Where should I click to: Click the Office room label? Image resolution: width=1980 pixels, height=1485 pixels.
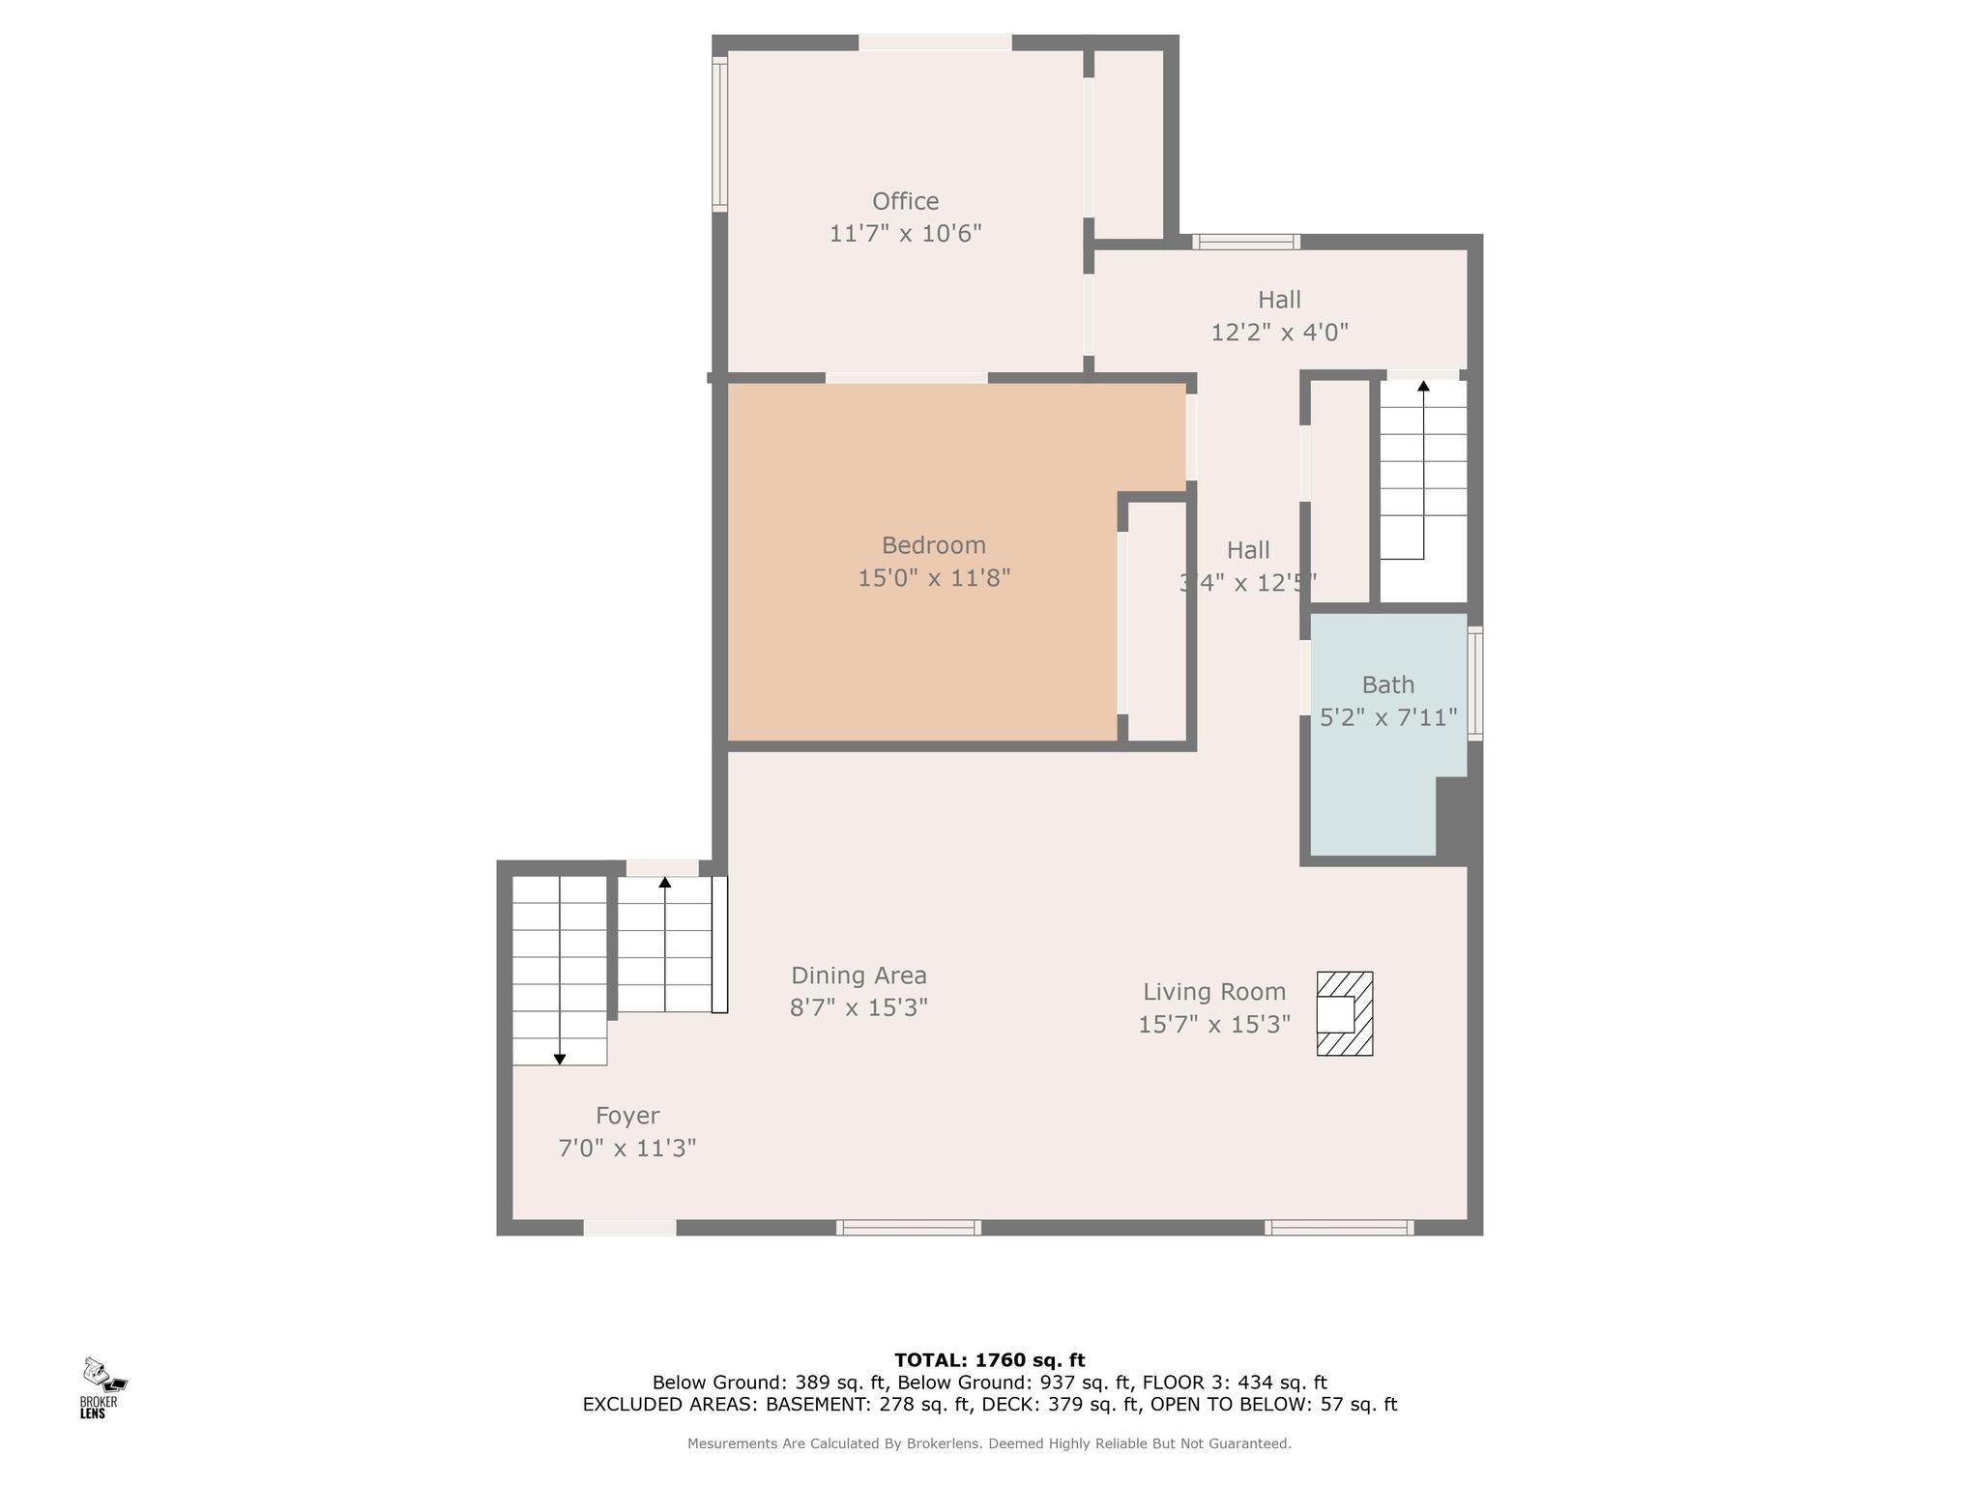point(905,201)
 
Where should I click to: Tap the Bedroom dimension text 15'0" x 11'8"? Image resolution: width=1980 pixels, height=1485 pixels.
point(934,578)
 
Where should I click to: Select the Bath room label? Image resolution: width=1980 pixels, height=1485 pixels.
point(1387,684)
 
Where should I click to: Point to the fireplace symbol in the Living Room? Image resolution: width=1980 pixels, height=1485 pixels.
point(1345,1013)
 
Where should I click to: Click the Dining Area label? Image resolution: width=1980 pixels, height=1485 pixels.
point(859,975)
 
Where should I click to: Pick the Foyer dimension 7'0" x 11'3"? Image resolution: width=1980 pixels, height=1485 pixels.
point(627,1149)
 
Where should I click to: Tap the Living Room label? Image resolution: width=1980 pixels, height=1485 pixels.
point(1214,992)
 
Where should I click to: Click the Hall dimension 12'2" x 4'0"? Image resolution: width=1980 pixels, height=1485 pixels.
point(1280,333)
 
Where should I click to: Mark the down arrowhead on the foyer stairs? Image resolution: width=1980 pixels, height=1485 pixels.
point(560,1060)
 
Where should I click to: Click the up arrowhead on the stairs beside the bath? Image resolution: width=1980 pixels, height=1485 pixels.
point(1423,386)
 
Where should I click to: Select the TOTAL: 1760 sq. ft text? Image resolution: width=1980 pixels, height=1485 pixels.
point(990,1360)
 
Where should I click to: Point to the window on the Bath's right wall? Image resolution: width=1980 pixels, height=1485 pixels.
point(1475,684)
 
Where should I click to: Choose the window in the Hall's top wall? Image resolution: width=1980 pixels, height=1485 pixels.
point(1245,242)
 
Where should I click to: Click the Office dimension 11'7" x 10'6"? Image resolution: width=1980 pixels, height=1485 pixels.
point(906,234)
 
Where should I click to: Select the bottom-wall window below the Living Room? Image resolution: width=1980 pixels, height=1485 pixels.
point(1339,1228)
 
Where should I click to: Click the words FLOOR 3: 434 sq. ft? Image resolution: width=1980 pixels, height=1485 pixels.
point(1235,1383)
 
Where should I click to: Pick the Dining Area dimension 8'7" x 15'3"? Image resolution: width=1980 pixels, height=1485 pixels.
point(859,1008)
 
